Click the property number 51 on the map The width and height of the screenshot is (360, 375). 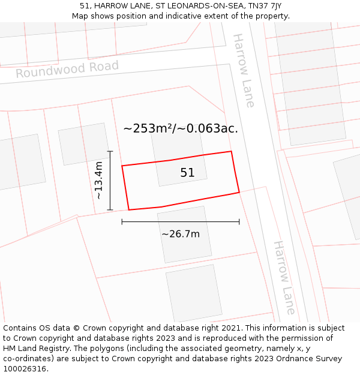pyautogui.click(x=187, y=173)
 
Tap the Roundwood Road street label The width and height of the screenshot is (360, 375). pyautogui.click(x=67, y=69)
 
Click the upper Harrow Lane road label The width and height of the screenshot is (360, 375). pyautogui.click(x=244, y=70)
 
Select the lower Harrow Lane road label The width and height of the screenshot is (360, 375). pyautogui.click(x=284, y=277)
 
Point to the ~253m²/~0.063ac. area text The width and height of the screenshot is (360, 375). pyautogui.click(x=181, y=128)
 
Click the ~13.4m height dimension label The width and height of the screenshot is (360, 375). pyautogui.click(x=100, y=181)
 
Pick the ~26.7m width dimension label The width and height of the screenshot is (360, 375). pyautogui.click(x=181, y=234)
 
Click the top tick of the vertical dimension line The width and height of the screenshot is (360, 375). pyautogui.click(x=110, y=151)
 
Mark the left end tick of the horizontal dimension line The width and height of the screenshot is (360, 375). pyautogui.click(x=122, y=222)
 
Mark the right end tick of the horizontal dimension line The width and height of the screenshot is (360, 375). pyautogui.click(x=239, y=222)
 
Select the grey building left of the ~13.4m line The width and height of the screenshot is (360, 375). pyautogui.click(x=83, y=143)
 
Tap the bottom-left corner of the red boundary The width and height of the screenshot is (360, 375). pyautogui.click(x=129, y=210)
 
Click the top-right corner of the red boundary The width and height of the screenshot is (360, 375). pyautogui.click(x=231, y=151)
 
